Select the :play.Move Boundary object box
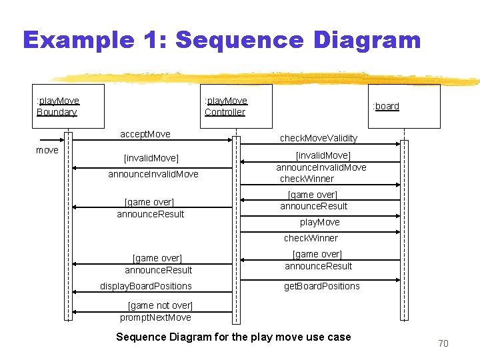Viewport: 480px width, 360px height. [x=69, y=106]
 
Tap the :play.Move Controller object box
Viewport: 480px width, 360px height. [x=236, y=106]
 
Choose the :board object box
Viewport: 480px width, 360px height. [x=405, y=106]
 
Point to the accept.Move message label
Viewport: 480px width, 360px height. [x=145, y=134]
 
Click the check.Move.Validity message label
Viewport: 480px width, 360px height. [x=318, y=138]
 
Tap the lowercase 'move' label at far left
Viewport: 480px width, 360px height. [x=47, y=150]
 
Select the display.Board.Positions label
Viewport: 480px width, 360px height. [x=145, y=286]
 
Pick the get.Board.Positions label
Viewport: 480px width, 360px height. [x=321, y=286]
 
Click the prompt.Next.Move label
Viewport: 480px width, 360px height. [x=155, y=317]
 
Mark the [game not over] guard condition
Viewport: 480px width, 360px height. [x=159, y=305]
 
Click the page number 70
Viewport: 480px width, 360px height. [x=443, y=343]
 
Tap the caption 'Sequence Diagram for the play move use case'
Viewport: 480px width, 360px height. [x=233, y=337]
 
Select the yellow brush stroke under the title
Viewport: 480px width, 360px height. [x=267, y=77]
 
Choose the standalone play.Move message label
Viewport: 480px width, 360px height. [x=319, y=222]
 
